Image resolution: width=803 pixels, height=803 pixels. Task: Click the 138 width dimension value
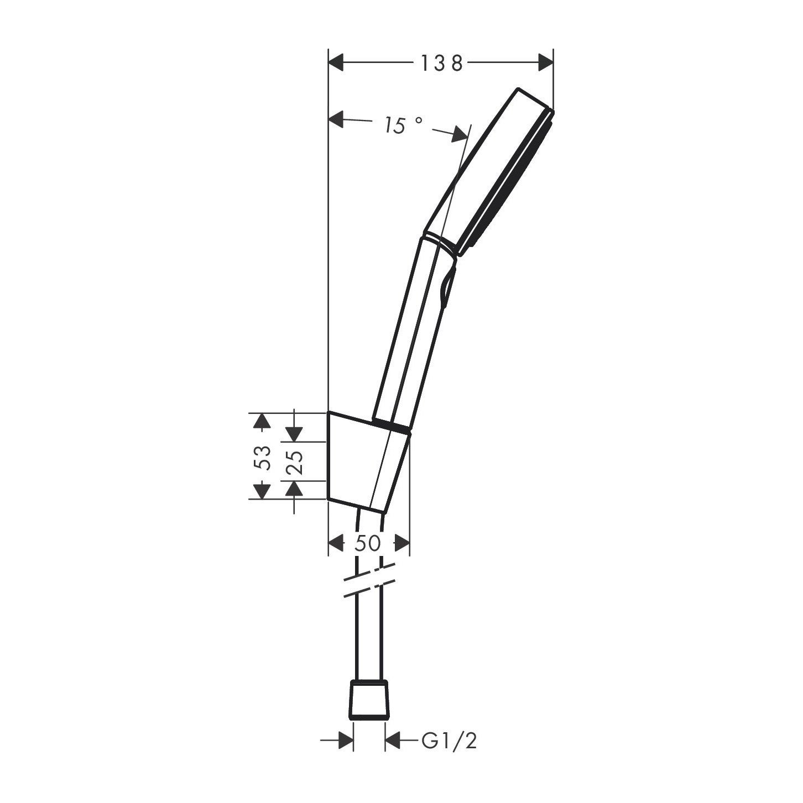click(441, 64)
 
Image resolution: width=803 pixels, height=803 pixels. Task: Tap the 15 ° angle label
click(404, 126)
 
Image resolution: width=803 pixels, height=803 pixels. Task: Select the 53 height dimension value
click(265, 457)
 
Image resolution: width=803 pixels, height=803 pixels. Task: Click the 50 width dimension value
click(368, 543)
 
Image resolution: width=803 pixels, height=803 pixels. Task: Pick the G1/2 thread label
click(449, 741)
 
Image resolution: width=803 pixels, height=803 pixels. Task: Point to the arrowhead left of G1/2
click(346, 741)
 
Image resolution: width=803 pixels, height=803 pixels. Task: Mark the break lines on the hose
click(369, 581)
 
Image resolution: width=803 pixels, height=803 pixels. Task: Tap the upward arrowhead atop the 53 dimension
click(260, 422)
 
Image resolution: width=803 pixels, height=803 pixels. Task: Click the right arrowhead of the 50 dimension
click(402, 543)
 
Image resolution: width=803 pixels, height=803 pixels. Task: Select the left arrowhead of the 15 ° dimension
click(337, 119)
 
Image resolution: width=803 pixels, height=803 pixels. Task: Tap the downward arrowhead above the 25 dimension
click(294, 433)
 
